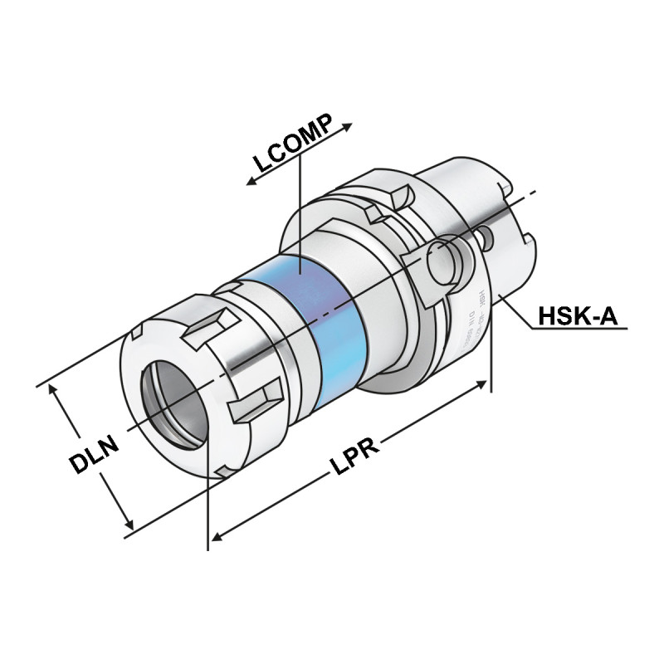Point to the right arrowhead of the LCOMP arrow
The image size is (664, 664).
tap(348, 127)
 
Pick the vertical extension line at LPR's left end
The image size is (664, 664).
tap(207, 498)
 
